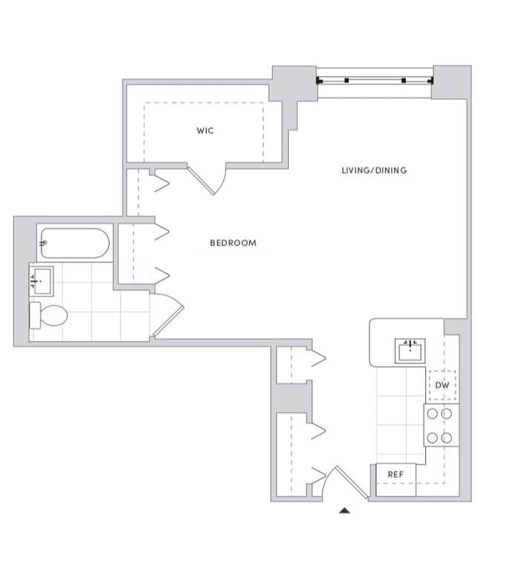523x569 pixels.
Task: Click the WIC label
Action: pos(205,130)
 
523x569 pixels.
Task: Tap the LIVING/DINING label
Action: pos(374,170)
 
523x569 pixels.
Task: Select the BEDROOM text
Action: pos(233,243)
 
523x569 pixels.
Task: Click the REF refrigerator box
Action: pos(395,474)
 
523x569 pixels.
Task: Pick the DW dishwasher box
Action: pos(442,386)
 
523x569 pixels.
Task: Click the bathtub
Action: pos(76,242)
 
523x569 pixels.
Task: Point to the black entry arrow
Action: pos(344,510)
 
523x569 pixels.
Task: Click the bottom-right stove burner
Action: pos(447,437)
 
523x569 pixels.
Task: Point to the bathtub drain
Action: pos(46,242)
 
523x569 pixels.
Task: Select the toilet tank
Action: pos(34,315)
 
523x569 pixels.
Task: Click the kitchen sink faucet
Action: pos(411,343)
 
